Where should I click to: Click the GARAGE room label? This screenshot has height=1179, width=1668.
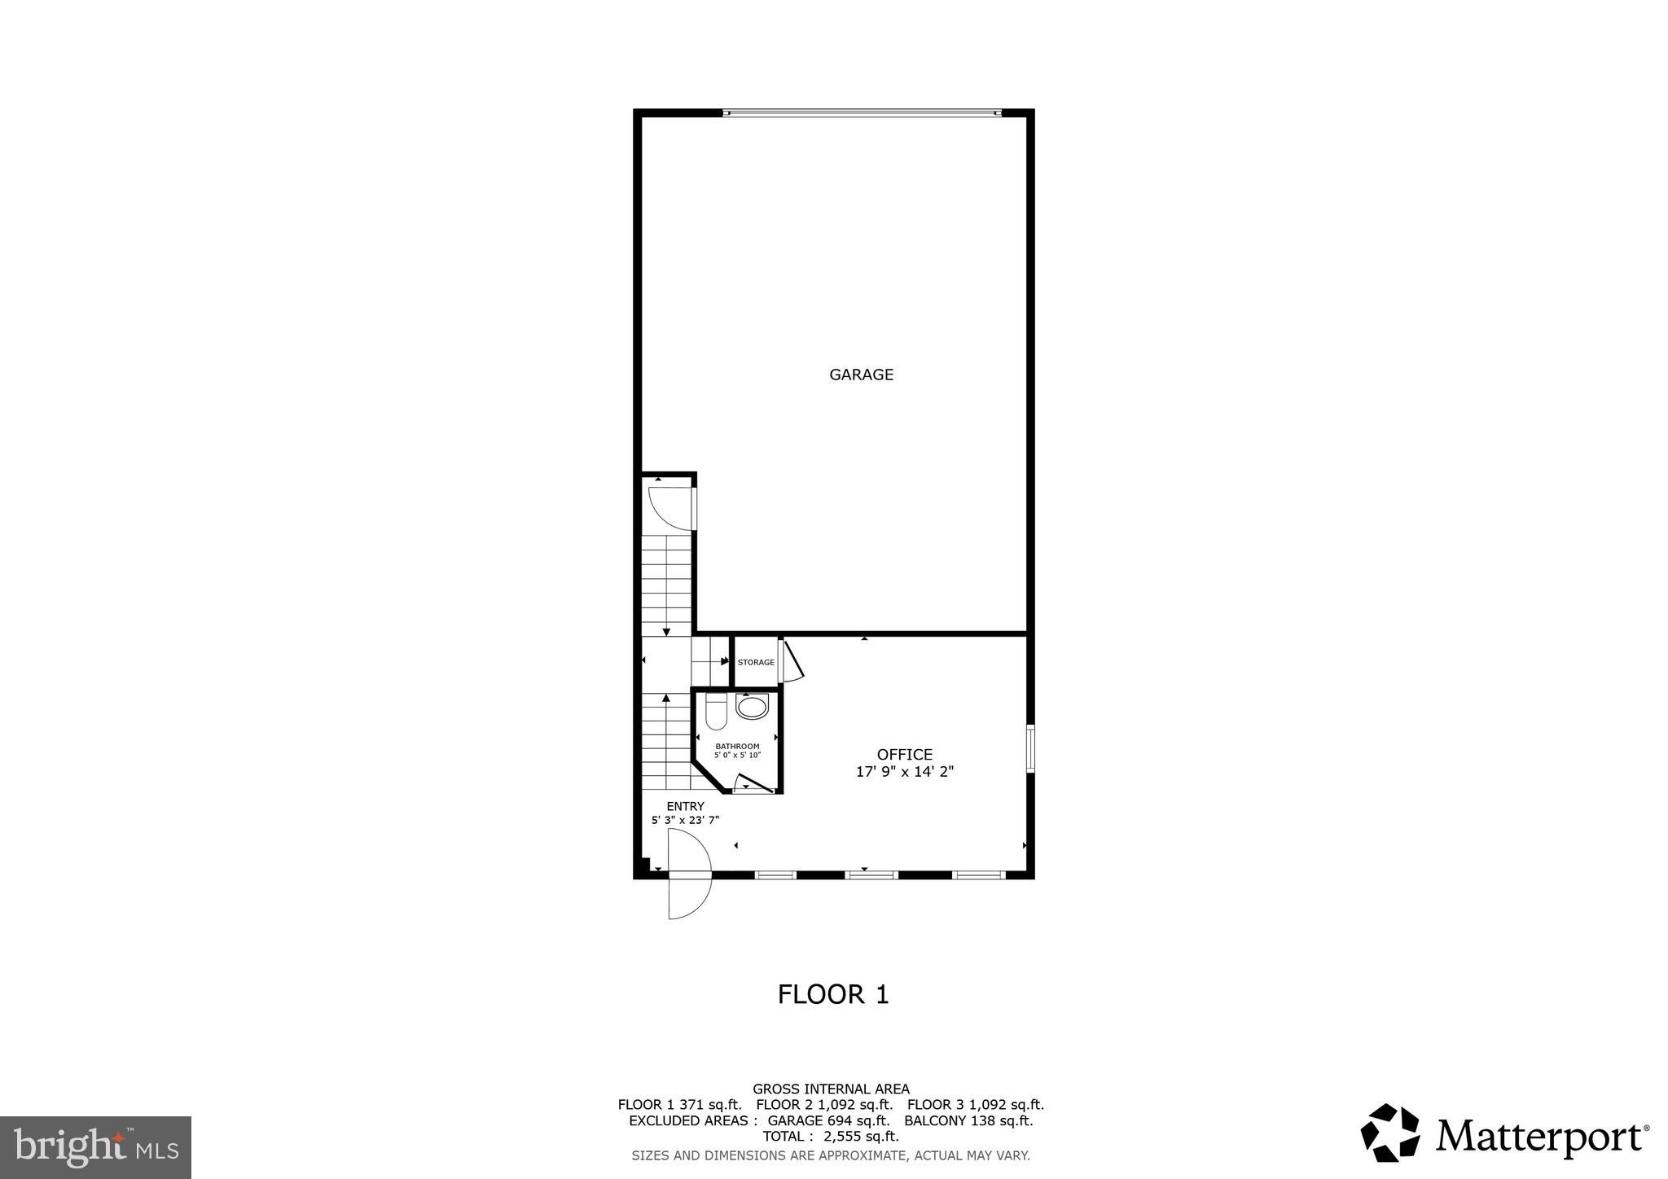tap(861, 375)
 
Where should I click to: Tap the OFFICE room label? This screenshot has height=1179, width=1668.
tap(904, 755)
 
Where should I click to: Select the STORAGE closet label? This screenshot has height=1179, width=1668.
tap(756, 662)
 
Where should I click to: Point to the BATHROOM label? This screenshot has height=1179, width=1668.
tap(737, 746)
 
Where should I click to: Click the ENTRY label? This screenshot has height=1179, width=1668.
tap(685, 806)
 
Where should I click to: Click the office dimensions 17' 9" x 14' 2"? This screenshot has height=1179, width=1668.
tap(904, 772)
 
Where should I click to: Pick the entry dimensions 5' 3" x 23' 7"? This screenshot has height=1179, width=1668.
tap(685, 821)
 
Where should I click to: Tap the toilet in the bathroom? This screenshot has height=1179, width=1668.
tap(716, 712)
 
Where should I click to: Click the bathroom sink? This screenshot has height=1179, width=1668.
tap(752, 706)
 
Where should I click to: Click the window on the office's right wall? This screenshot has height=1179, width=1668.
tap(1030, 749)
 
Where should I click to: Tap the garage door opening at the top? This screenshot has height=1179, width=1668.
tap(861, 113)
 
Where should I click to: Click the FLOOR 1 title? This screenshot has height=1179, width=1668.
tap(832, 994)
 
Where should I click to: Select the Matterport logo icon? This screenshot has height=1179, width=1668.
tap(1389, 1133)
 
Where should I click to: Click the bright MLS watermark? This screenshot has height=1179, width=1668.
tap(95, 1147)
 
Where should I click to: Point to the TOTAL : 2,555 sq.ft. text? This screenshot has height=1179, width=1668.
tap(830, 1137)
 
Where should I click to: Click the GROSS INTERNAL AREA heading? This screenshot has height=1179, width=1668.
tap(831, 1089)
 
